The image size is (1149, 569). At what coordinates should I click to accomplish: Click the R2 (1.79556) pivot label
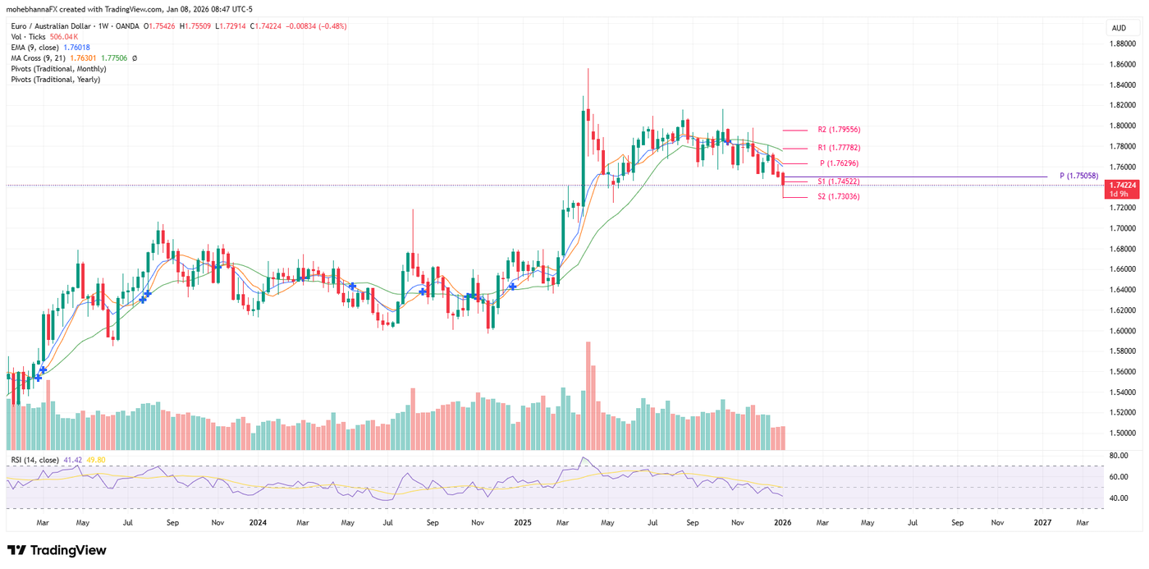click(x=839, y=130)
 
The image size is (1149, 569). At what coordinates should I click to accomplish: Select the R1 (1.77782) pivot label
click(x=839, y=148)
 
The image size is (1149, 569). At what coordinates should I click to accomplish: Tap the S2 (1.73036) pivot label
click(x=839, y=197)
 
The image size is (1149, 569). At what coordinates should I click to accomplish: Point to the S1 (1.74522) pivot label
click(x=839, y=181)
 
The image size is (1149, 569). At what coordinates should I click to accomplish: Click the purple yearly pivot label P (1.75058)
click(x=1078, y=176)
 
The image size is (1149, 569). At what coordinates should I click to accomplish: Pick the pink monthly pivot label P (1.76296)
click(x=839, y=163)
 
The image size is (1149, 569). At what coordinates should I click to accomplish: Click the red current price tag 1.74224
click(x=1121, y=186)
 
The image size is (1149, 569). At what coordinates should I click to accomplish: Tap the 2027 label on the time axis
click(x=1042, y=522)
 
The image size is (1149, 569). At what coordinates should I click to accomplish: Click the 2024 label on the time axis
click(x=258, y=522)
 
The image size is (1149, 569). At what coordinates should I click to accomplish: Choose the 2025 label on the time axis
click(x=523, y=522)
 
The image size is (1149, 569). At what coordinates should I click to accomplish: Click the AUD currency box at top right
click(x=1119, y=28)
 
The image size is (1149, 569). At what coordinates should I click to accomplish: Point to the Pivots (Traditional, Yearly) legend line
click(x=56, y=80)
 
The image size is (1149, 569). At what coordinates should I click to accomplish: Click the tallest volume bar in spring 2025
click(x=588, y=395)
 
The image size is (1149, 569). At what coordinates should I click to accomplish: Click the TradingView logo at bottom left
click(x=57, y=550)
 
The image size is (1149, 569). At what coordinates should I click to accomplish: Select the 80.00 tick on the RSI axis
click(x=1118, y=455)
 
